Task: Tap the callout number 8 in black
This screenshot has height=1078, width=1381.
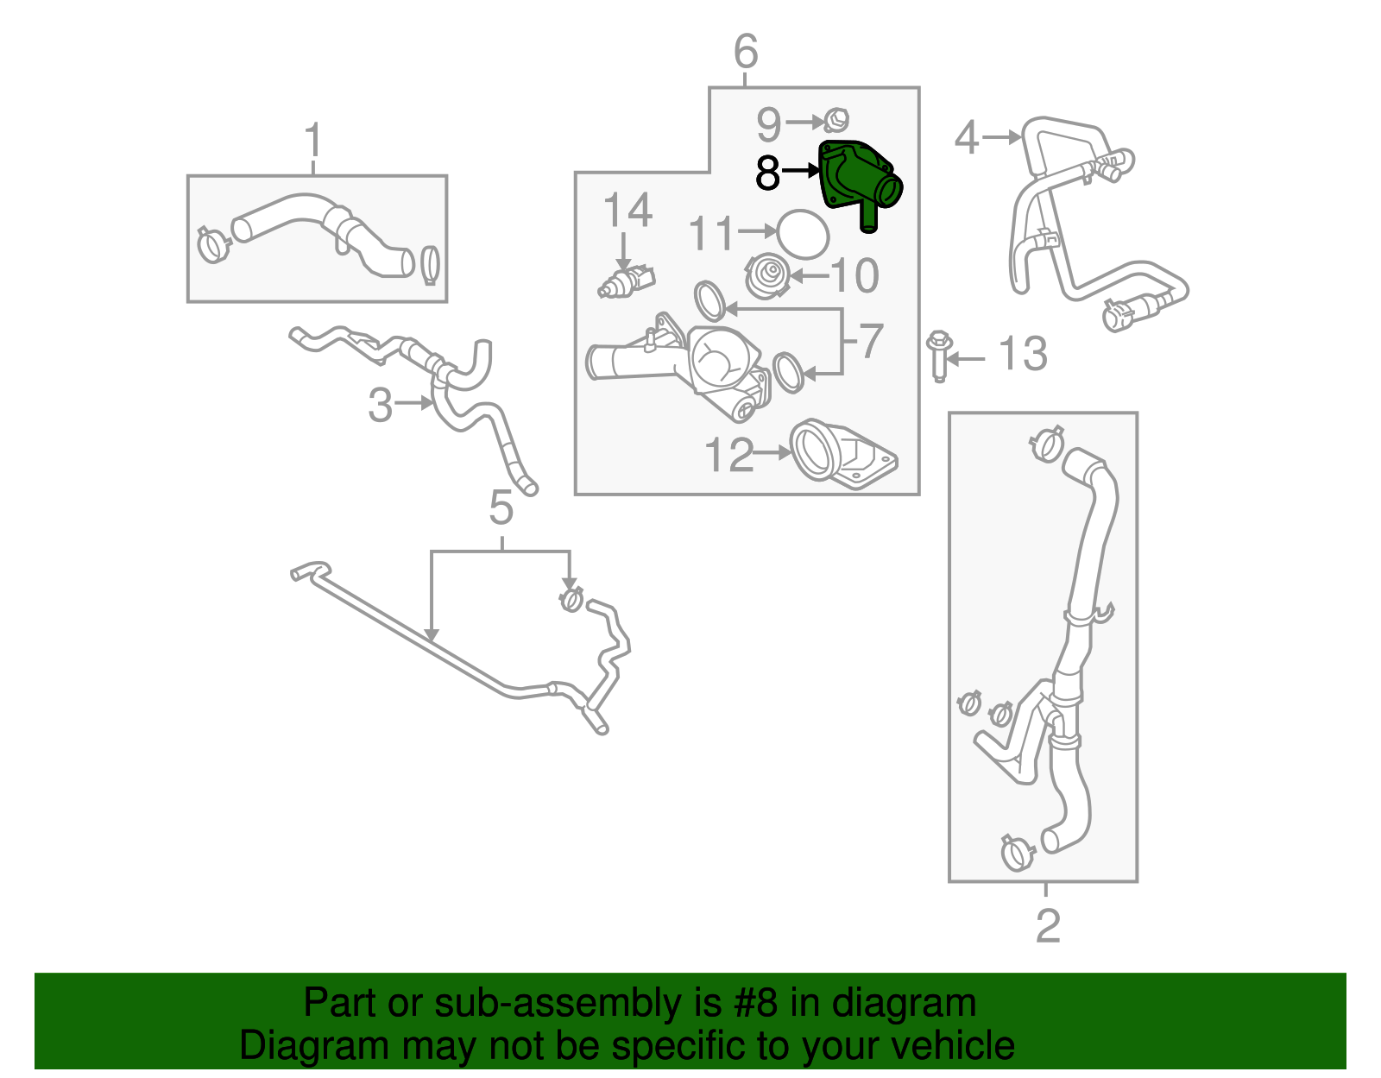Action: pos(767,173)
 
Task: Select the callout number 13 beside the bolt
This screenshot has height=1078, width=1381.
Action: pos(1022,355)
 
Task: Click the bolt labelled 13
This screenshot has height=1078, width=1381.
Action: pos(939,355)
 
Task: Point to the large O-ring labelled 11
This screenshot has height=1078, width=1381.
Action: pos(803,233)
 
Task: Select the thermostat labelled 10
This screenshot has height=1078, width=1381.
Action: pos(766,276)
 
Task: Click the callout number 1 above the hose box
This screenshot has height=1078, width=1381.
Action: pos(313,141)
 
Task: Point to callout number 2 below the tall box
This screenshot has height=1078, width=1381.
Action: pos(1047,925)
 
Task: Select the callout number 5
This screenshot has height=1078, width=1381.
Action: pos(501,507)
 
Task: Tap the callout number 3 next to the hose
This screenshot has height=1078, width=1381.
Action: pos(380,404)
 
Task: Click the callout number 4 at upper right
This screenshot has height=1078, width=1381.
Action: pos(967,138)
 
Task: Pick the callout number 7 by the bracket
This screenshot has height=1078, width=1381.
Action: pos(870,341)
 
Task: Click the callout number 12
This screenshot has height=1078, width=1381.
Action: pos(729,455)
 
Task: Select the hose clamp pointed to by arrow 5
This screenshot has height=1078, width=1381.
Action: pos(571,597)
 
